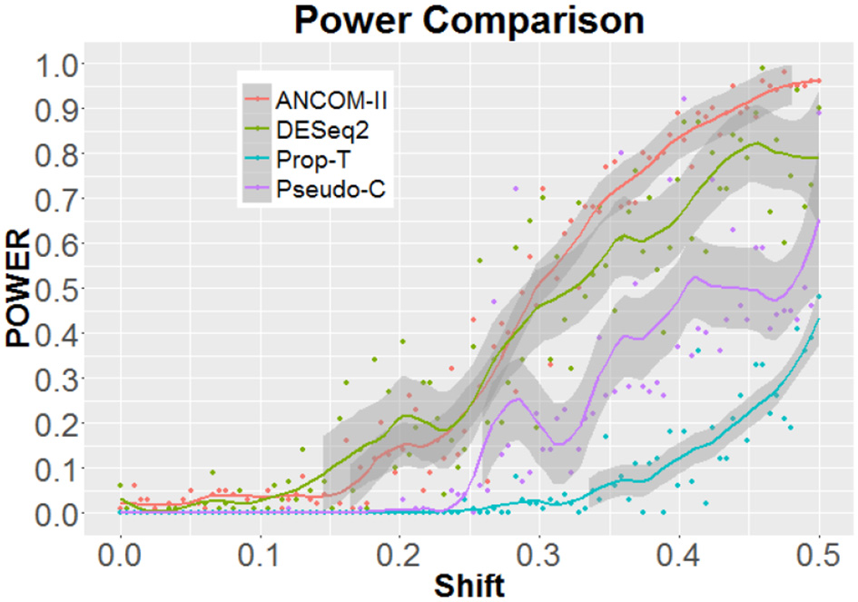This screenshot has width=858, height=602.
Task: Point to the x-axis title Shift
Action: coord(468,585)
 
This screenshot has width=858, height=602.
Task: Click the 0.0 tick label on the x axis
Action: coord(120,552)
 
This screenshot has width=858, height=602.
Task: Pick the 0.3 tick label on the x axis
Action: coord(539,552)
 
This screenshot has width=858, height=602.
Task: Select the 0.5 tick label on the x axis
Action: coord(819,552)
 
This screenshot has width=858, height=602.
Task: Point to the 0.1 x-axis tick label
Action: coord(260,552)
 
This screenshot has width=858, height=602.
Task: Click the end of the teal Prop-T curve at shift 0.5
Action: coord(819,318)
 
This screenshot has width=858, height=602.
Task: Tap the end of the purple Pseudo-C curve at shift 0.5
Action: coord(819,221)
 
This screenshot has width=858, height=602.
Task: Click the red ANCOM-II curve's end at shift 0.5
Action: coord(819,81)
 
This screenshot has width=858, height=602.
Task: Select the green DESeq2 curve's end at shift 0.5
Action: coord(819,158)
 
